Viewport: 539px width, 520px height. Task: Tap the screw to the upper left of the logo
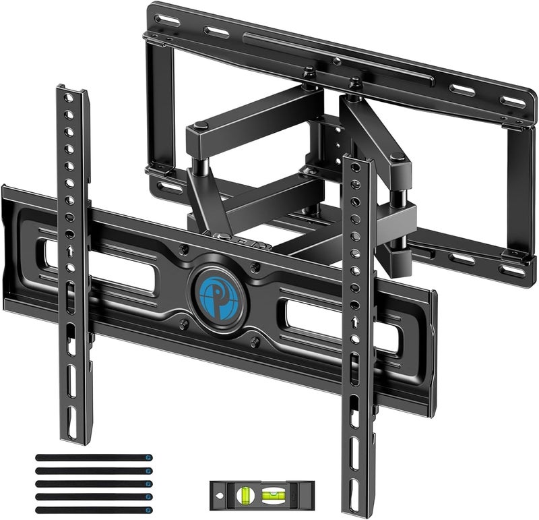click(x=183, y=252)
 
